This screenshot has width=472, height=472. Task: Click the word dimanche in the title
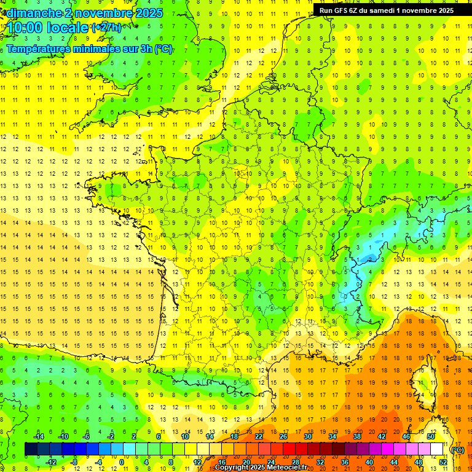(33, 13)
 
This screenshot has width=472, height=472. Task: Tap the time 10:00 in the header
(25, 28)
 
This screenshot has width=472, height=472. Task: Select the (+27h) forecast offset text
(106, 28)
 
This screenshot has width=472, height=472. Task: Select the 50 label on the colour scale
(431, 436)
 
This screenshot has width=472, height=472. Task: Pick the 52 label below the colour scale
(443, 462)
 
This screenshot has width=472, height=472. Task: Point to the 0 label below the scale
(122, 462)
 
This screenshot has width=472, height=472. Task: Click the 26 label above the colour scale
(283, 436)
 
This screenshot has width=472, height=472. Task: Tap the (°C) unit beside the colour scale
(458, 450)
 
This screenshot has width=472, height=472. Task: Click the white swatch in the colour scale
(436, 449)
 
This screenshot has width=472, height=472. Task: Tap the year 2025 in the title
(148, 13)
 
